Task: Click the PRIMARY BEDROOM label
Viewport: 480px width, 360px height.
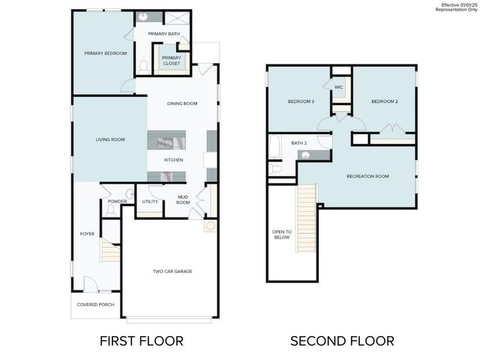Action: click(x=105, y=53)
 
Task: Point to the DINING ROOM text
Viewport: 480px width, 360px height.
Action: click(x=181, y=103)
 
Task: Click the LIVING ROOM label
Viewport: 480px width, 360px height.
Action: click(x=109, y=139)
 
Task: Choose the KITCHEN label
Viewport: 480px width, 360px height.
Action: click(x=174, y=160)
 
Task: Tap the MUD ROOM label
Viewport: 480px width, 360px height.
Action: click(x=184, y=199)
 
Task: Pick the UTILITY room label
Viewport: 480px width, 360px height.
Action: click(x=150, y=201)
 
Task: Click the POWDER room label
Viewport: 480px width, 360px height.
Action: click(x=117, y=201)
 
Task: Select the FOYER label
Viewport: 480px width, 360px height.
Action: click(x=87, y=234)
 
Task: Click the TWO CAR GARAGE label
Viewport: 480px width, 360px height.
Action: click(x=172, y=271)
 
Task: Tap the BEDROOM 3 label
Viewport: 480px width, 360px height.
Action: click(x=301, y=101)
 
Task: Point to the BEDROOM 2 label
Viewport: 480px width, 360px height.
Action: click(x=385, y=101)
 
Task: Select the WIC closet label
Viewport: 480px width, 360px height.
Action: click(x=339, y=87)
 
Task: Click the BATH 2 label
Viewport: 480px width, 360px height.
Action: click(x=299, y=142)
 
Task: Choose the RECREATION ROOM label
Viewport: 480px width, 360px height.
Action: click(x=367, y=176)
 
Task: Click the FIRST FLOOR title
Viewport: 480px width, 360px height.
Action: click(x=141, y=340)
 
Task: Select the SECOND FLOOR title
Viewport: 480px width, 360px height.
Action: click(x=342, y=340)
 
